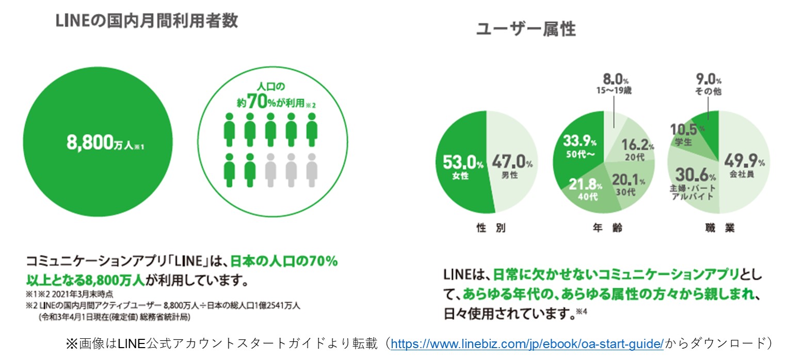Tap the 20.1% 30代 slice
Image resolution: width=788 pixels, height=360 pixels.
tap(626, 182)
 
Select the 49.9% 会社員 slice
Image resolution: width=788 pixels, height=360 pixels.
tap(744, 165)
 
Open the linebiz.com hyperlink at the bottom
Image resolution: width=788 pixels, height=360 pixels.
tap(527, 343)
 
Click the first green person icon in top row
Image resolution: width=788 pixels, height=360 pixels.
tap(230, 129)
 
